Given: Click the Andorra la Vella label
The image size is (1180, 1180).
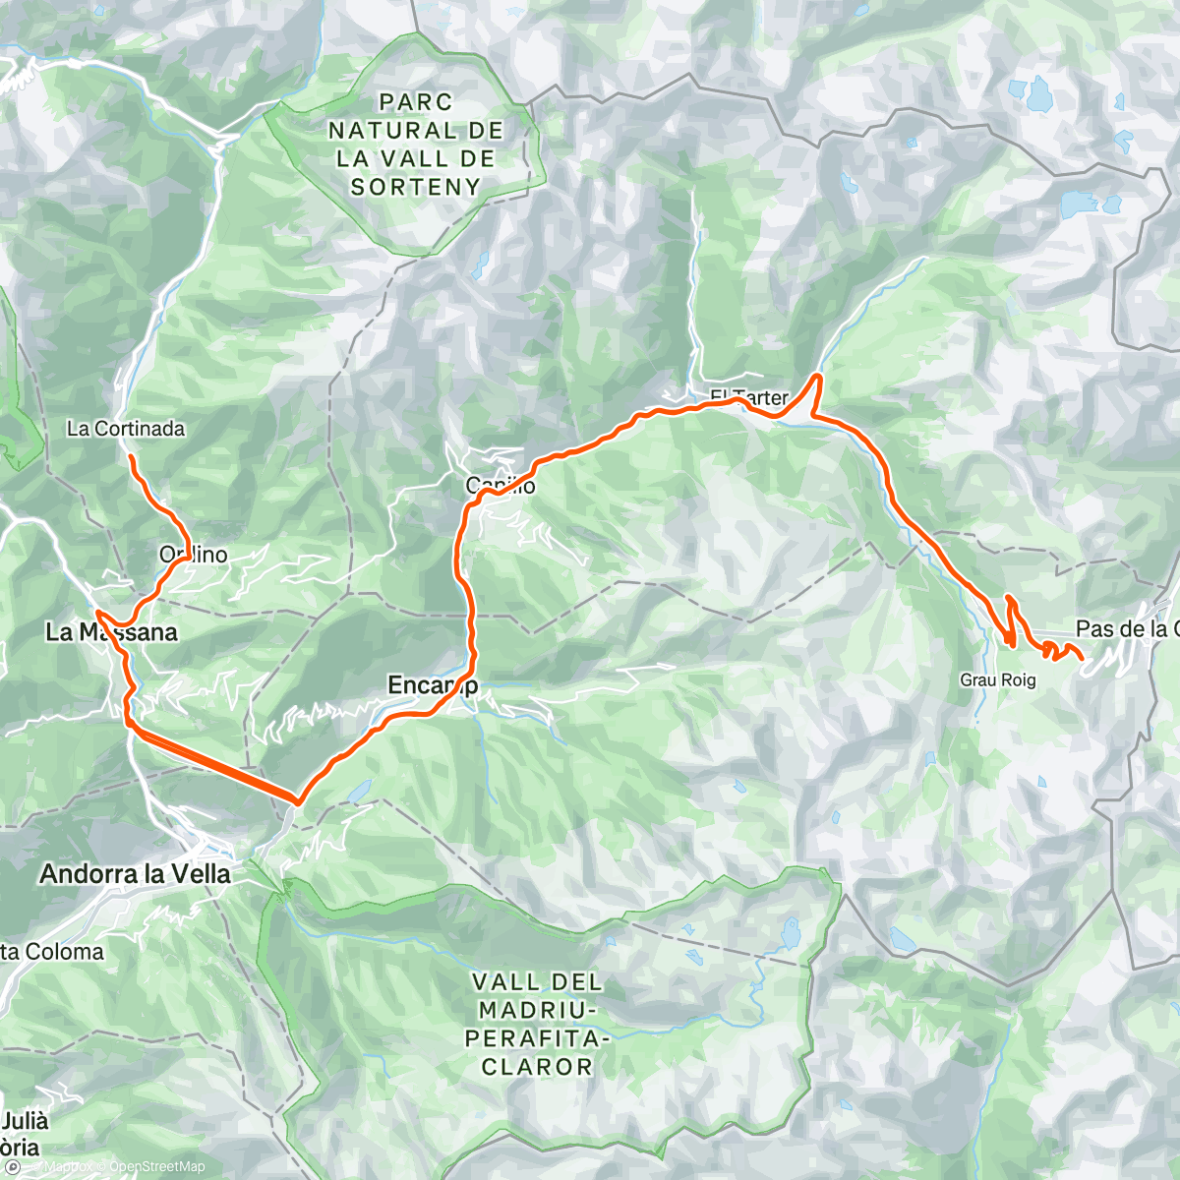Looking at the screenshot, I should [136, 874].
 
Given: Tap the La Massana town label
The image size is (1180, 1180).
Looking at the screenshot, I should [111, 632].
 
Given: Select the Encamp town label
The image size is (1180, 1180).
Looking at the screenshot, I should [433, 684].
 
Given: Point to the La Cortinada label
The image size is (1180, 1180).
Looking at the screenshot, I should [126, 429].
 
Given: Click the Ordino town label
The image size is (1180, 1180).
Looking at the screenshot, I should [194, 555].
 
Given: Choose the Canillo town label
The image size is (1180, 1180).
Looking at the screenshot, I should [501, 486].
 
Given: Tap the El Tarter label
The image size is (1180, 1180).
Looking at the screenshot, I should [749, 397].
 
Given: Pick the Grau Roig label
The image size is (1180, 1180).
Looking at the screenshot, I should [998, 680].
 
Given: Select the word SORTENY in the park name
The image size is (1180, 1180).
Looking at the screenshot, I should [416, 187].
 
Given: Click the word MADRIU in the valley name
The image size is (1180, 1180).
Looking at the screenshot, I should [537, 1010].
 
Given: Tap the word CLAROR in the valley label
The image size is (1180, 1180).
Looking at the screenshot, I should [537, 1067].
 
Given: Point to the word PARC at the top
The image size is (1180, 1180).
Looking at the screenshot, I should [416, 102].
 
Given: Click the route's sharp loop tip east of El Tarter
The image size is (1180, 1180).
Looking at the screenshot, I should [817, 377].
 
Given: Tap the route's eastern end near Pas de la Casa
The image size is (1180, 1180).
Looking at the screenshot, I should [1082, 657].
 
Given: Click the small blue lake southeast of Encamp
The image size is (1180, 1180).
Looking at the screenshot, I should [360, 789].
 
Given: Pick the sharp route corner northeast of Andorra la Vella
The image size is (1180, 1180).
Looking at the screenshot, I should [296, 801].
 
